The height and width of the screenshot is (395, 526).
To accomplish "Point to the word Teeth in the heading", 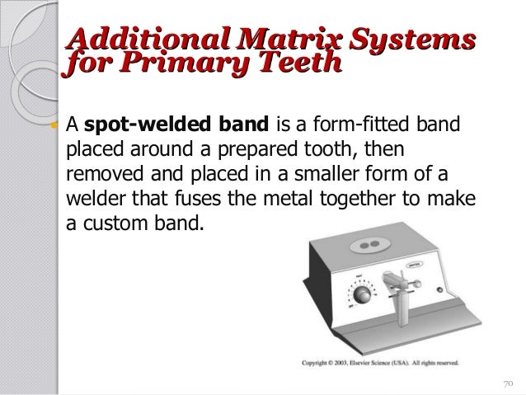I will click(x=290, y=63).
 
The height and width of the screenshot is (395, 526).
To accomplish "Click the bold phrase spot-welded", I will click(x=134, y=126).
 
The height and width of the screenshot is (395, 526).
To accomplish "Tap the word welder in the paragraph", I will click(x=91, y=197).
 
